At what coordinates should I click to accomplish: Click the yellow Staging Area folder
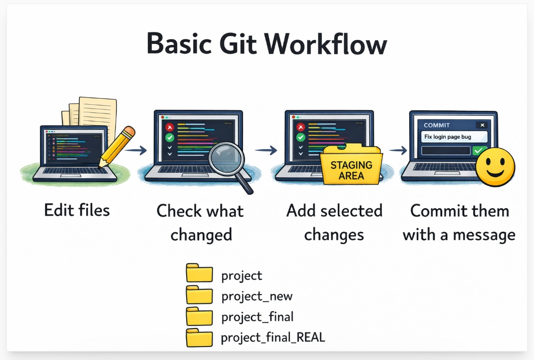(x=351, y=165)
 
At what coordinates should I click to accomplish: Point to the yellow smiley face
(x=495, y=167)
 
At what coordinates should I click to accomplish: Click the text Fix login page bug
(x=448, y=137)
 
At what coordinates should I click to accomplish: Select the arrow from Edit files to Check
(x=135, y=149)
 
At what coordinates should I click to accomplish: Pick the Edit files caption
(x=77, y=210)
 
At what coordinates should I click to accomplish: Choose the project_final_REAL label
(x=273, y=338)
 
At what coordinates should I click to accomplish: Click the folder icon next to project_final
(x=199, y=316)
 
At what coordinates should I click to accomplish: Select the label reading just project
(x=242, y=275)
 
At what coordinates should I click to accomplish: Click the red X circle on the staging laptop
(x=300, y=127)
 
